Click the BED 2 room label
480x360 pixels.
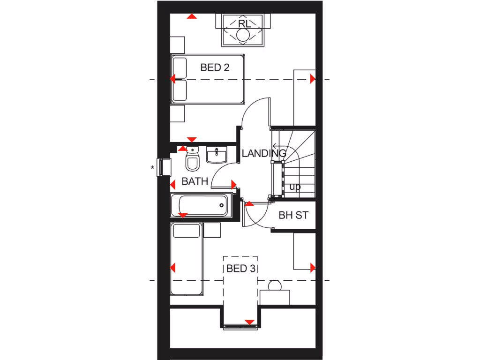[x=215, y=67]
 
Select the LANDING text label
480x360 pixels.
[x=264, y=153]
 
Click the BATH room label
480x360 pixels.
[x=195, y=181]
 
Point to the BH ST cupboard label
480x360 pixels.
[x=293, y=216]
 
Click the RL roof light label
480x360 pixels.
[x=244, y=23]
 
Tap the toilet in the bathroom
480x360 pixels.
[x=192, y=161]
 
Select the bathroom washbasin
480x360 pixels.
[x=217, y=154]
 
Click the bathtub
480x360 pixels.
[x=202, y=205]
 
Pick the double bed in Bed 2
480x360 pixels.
[x=208, y=79]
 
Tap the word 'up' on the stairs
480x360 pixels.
[x=295, y=187]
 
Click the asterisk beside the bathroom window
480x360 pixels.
[x=153, y=167]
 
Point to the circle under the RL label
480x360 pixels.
[x=243, y=35]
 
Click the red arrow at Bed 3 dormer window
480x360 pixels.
[x=250, y=322]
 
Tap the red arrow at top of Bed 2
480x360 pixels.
[x=191, y=17]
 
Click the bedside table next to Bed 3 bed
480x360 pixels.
[x=212, y=230]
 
